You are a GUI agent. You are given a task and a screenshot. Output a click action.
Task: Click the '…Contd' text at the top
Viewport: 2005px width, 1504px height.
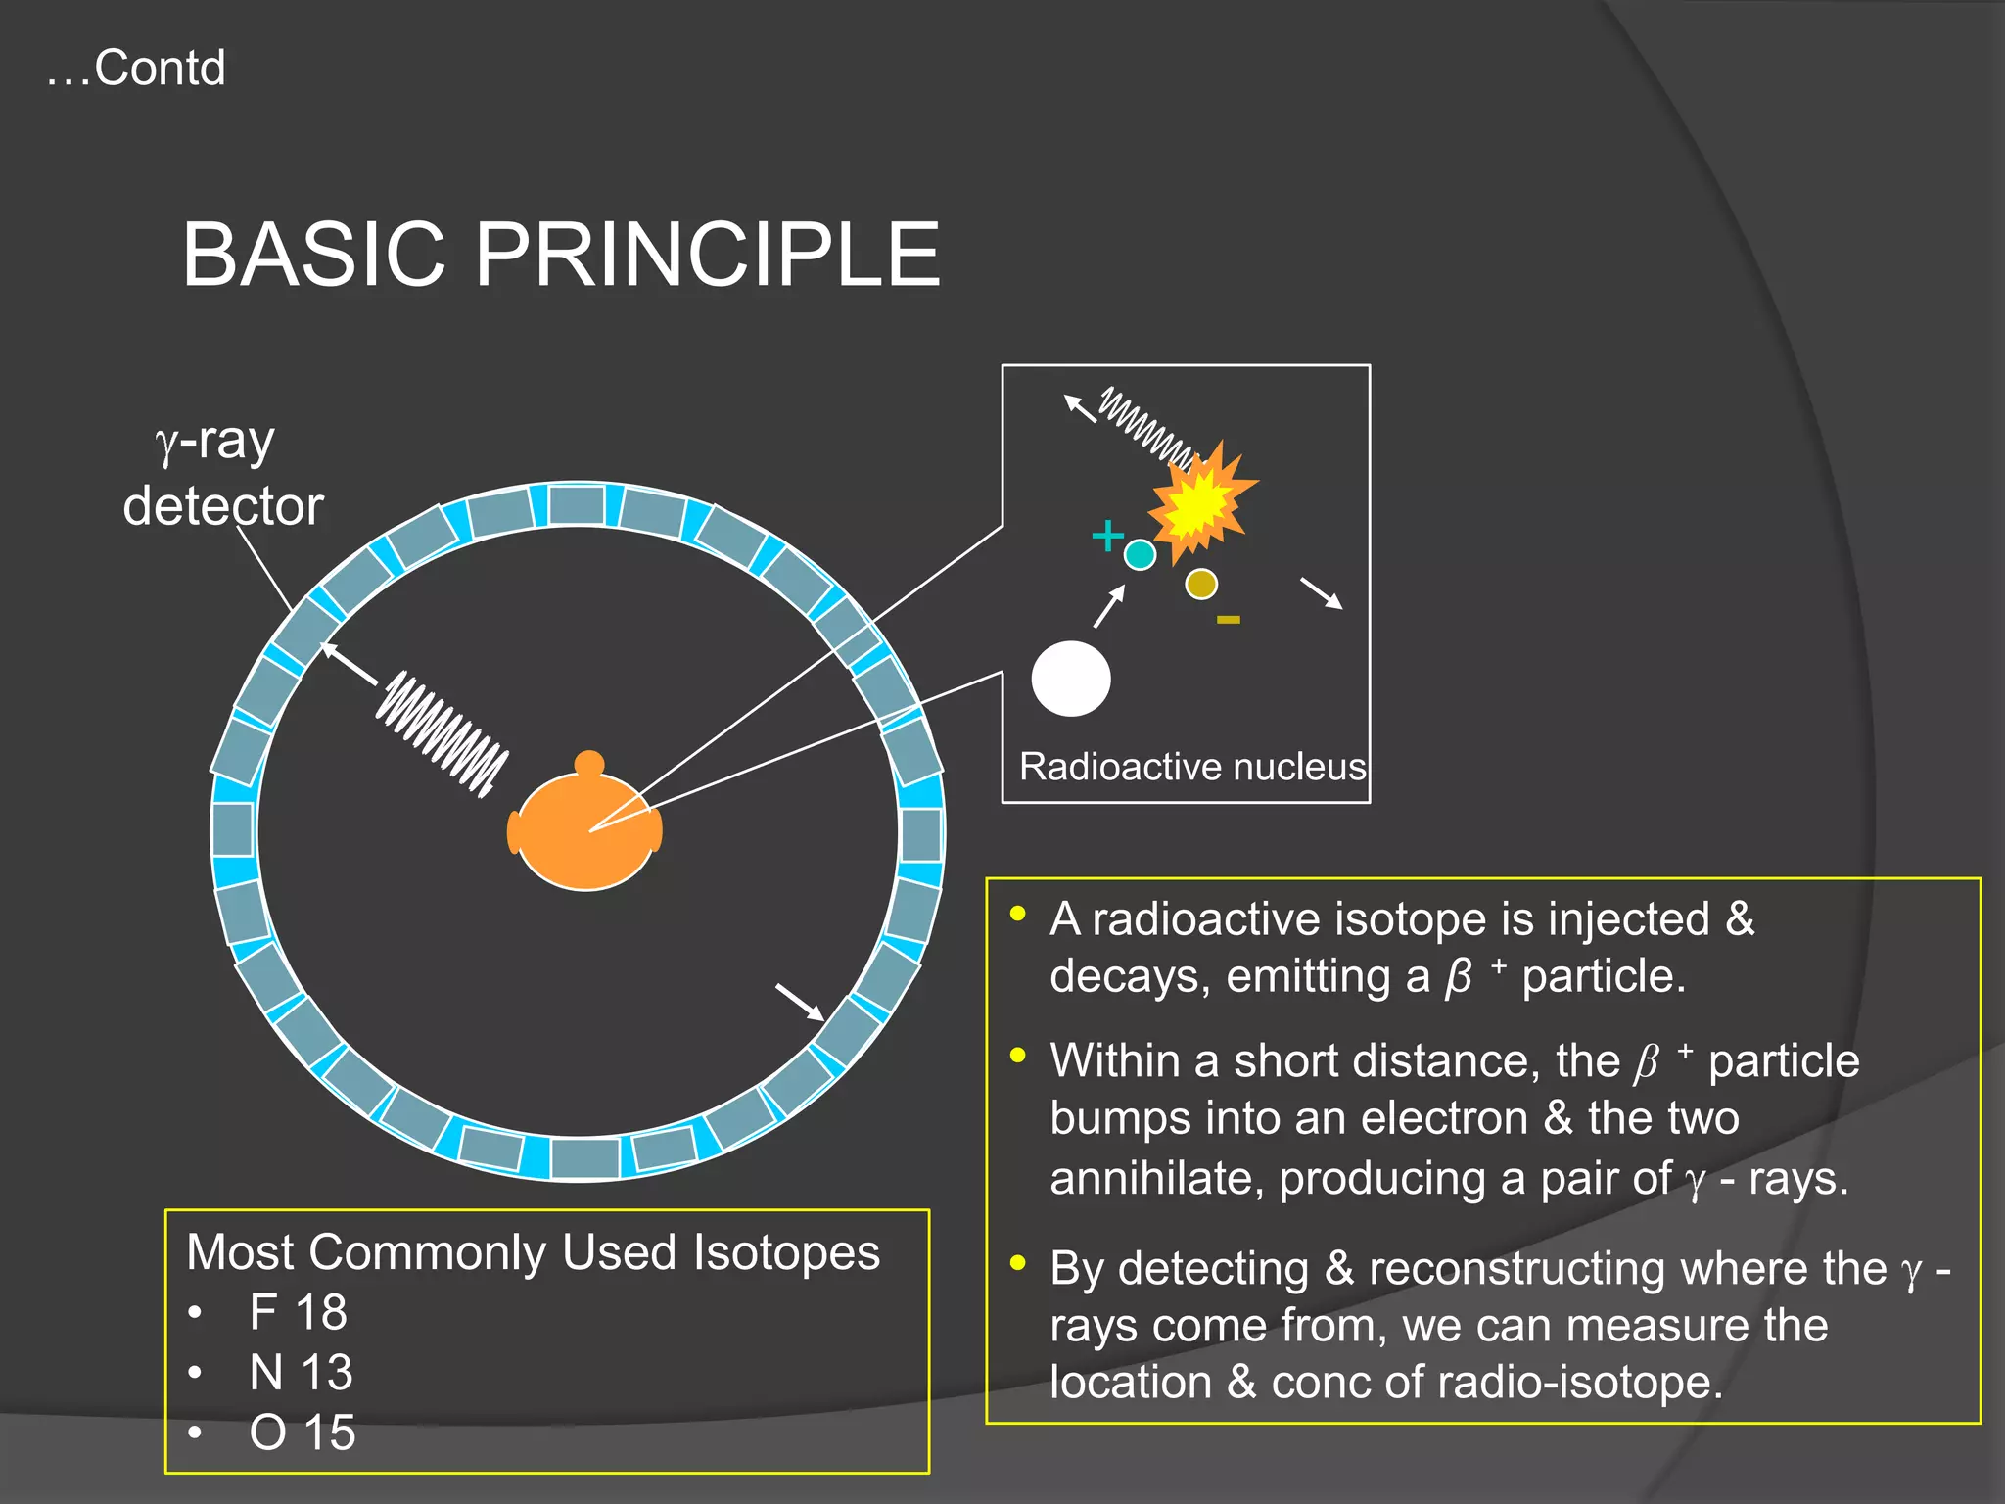(x=136, y=69)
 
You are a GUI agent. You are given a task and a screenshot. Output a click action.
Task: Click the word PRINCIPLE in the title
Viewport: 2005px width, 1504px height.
(x=707, y=255)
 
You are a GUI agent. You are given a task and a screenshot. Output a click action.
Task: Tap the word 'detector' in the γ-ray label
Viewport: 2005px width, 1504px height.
(x=223, y=506)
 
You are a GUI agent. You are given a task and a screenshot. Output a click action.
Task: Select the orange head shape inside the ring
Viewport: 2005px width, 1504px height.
(x=584, y=832)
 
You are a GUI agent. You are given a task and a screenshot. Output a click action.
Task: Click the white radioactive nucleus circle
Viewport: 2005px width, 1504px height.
(x=1071, y=679)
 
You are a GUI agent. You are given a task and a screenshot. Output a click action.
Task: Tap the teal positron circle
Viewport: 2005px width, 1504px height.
(x=1140, y=555)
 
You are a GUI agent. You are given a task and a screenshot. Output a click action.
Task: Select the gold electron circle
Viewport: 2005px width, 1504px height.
(x=1201, y=585)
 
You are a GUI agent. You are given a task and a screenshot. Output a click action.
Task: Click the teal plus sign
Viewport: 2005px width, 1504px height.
(x=1107, y=536)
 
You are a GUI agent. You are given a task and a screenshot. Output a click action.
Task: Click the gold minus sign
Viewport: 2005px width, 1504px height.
(x=1229, y=619)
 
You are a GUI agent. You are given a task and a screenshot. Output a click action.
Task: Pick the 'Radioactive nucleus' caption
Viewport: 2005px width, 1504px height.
(x=1191, y=767)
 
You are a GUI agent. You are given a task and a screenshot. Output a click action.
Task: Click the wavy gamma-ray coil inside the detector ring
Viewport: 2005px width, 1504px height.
(x=443, y=731)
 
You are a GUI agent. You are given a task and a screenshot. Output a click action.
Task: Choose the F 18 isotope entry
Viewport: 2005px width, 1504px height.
(x=298, y=1312)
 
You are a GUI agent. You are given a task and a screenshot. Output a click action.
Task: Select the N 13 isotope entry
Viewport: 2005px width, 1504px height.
(x=301, y=1373)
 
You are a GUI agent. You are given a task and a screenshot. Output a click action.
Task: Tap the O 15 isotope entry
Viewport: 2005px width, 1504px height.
(x=302, y=1433)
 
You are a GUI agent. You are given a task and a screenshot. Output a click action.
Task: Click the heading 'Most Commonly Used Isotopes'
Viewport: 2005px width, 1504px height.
(x=533, y=1252)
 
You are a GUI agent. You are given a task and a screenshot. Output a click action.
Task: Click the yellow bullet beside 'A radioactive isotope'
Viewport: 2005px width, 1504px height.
(x=1018, y=915)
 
